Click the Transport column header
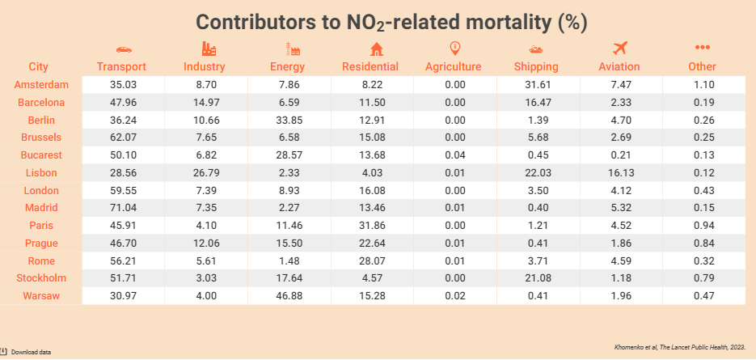pos(121,66)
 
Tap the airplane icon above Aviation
pos(620,48)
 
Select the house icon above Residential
pos(370,48)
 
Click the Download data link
pos(30,352)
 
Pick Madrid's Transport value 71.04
pos(121,208)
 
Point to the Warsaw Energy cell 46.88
pos(287,296)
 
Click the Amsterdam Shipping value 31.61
pos(532,85)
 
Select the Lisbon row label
pos(38,173)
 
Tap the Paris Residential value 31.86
pos(370,226)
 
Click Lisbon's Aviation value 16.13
pos(620,173)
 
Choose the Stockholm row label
pos(38,278)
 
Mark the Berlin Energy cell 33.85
pos(287,120)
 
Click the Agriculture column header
pos(454,66)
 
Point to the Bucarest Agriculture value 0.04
pos(454,155)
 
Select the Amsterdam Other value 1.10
pos(703,85)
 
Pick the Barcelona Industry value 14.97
pos(205,103)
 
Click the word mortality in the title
pos(501,21)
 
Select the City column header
pos(38,66)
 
